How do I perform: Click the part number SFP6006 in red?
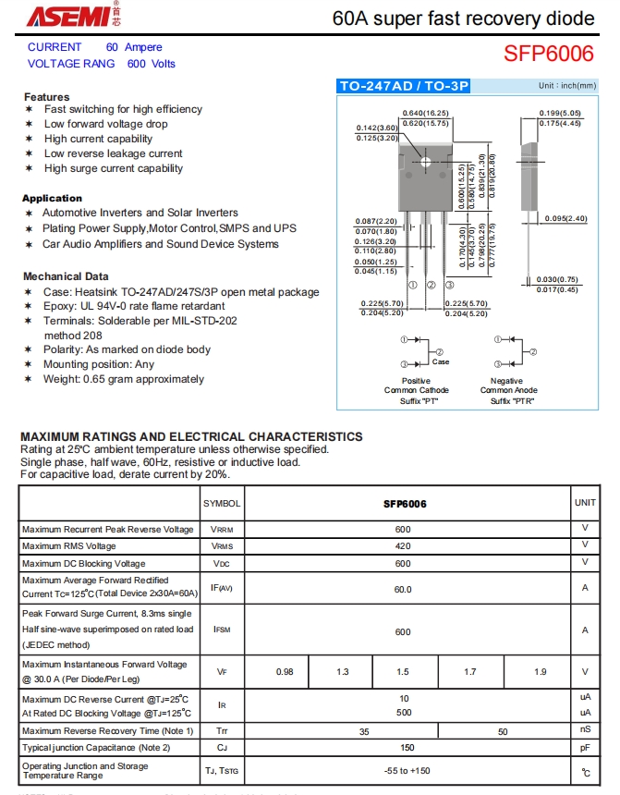point(549,54)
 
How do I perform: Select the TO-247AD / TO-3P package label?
point(405,86)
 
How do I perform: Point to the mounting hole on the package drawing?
point(426,162)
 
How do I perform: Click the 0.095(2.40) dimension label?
point(565,218)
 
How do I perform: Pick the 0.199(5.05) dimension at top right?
point(560,113)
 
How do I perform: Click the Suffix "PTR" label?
point(513,400)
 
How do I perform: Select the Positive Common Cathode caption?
point(416,385)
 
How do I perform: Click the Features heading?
point(46,97)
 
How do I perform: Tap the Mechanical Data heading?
point(66,276)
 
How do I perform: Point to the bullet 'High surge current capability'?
point(114,168)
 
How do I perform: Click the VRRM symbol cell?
point(222,530)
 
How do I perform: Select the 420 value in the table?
point(404,546)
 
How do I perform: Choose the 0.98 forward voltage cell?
point(285,672)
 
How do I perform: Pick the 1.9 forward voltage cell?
point(540,672)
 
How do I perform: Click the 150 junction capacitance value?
point(407,747)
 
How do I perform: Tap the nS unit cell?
point(585,731)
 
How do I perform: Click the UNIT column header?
point(585,503)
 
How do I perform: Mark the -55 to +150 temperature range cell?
point(407,770)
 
